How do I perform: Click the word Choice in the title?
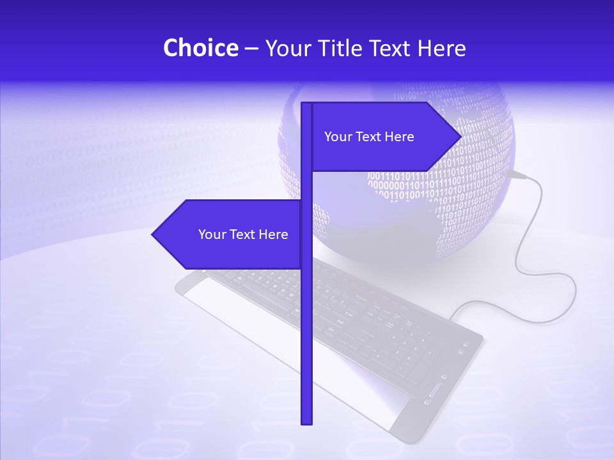(x=200, y=48)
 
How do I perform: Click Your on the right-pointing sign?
(x=337, y=137)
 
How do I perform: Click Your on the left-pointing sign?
(x=211, y=234)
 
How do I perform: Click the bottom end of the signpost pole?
(x=306, y=422)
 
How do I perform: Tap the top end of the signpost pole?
(x=306, y=104)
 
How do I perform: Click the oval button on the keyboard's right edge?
(x=436, y=391)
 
